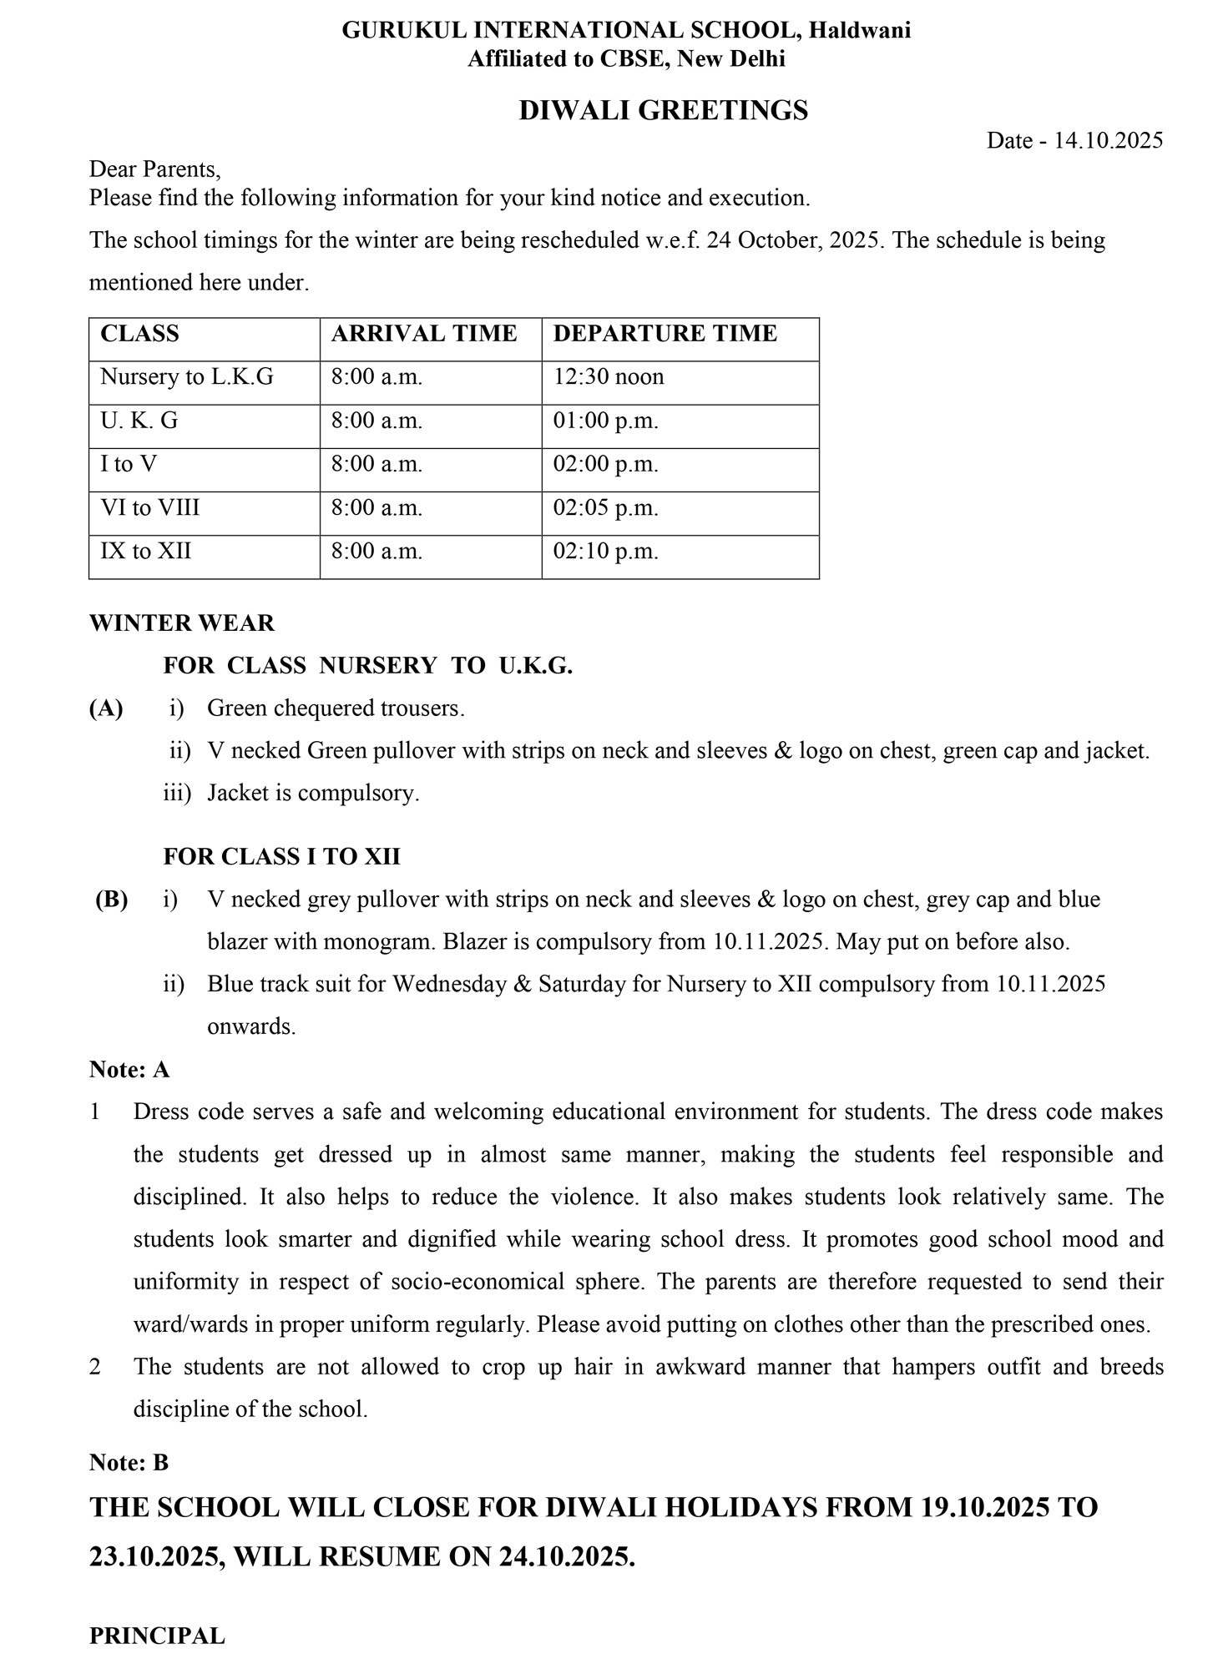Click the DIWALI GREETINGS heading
coord(663,111)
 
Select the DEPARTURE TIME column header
coord(665,334)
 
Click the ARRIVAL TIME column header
coord(424,334)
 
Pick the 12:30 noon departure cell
coord(609,377)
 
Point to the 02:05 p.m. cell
coord(605,508)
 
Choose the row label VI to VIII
coord(150,508)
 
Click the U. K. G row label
coord(139,421)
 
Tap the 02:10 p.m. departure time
coord(605,552)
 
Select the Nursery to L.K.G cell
coord(187,377)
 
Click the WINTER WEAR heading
coord(182,623)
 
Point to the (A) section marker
coord(106,708)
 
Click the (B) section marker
coord(111,900)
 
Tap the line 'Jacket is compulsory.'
coord(313,793)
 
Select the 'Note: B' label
coord(129,1463)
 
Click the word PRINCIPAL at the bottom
coord(157,1636)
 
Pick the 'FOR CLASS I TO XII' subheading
coord(281,857)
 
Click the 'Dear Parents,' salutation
coord(155,169)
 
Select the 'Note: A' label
coord(129,1070)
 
